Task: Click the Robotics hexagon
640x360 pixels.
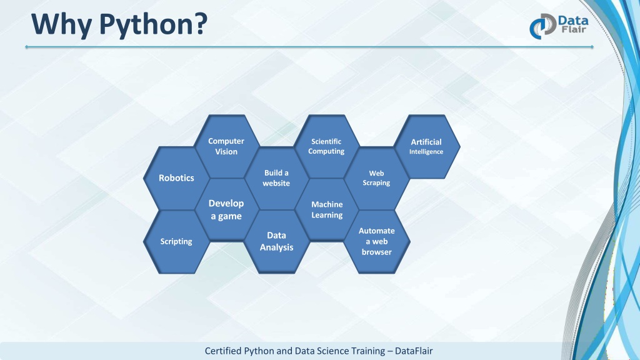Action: click(176, 178)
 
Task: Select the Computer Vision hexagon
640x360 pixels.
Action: click(226, 146)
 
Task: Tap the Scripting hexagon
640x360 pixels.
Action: click(176, 242)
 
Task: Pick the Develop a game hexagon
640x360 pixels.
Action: click(226, 210)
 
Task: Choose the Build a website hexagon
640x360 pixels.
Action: click(276, 178)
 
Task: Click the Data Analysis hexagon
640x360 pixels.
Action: click(276, 242)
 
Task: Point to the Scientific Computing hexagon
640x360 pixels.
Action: click(326, 146)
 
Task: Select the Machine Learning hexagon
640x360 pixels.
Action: click(326, 210)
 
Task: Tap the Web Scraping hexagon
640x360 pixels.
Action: click(376, 178)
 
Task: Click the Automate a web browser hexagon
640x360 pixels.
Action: click(376, 242)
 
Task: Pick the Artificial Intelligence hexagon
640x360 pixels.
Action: click(426, 146)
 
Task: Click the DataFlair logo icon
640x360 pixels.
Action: click(542, 26)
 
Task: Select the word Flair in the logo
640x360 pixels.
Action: click(574, 29)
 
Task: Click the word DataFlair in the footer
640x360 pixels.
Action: click(414, 351)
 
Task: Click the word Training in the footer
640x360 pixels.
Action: click(367, 351)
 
